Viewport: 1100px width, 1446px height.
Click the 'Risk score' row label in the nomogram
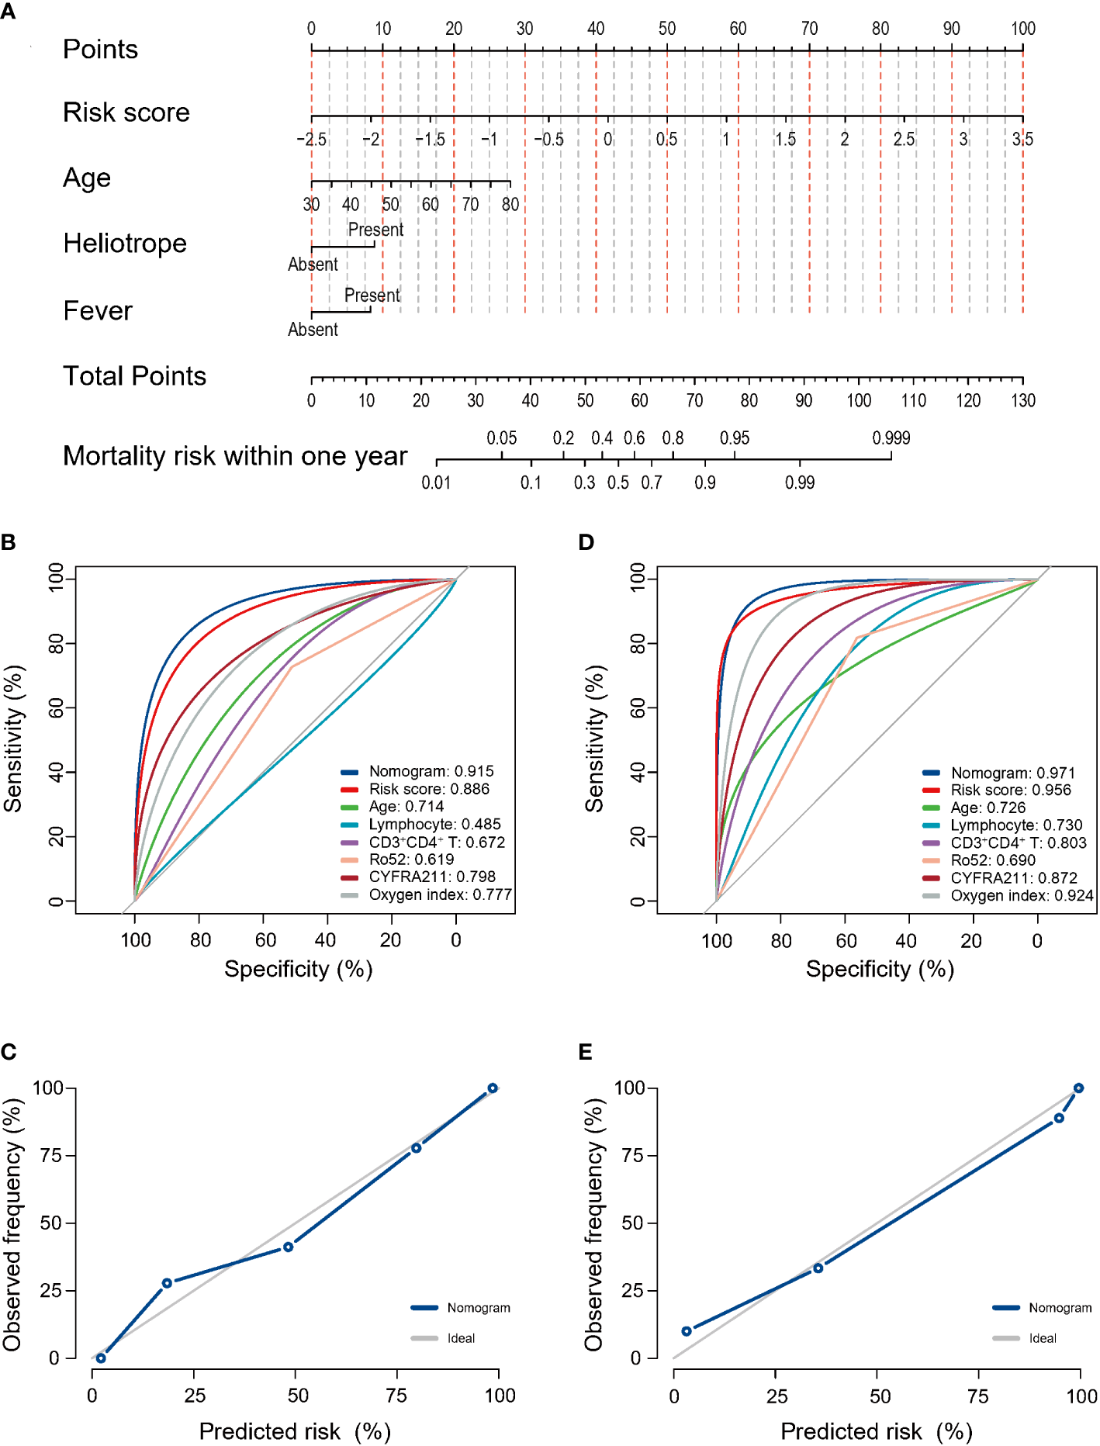tap(126, 112)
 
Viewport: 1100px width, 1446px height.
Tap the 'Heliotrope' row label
tap(125, 244)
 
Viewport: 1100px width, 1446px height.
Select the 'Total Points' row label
tap(134, 376)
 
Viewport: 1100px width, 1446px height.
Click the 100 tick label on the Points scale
tap(1022, 29)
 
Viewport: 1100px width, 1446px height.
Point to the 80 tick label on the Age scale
tap(510, 205)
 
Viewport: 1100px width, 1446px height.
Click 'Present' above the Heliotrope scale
tap(375, 230)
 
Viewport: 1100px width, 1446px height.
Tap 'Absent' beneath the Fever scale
tap(313, 330)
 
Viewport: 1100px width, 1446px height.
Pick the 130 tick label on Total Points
tap(1022, 400)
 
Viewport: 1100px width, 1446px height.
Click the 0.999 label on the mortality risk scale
tap(891, 438)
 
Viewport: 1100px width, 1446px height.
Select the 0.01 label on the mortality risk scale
tap(436, 483)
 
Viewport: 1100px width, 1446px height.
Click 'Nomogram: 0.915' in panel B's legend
tap(431, 771)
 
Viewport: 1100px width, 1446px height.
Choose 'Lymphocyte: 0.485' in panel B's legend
tap(434, 824)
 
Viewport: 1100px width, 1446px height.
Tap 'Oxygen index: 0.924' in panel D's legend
tap(1022, 895)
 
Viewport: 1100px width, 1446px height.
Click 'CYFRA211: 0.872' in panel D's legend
tap(1013, 877)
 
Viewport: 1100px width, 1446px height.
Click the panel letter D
tap(586, 542)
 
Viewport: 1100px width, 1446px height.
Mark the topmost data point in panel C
tap(493, 1088)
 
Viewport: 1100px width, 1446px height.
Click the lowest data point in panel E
tap(687, 1331)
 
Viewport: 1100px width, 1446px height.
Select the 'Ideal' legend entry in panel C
tap(461, 1338)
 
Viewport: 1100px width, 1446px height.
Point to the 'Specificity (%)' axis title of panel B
tap(298, 969)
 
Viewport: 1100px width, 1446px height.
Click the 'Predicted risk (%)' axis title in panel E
tap(877, 1431)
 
